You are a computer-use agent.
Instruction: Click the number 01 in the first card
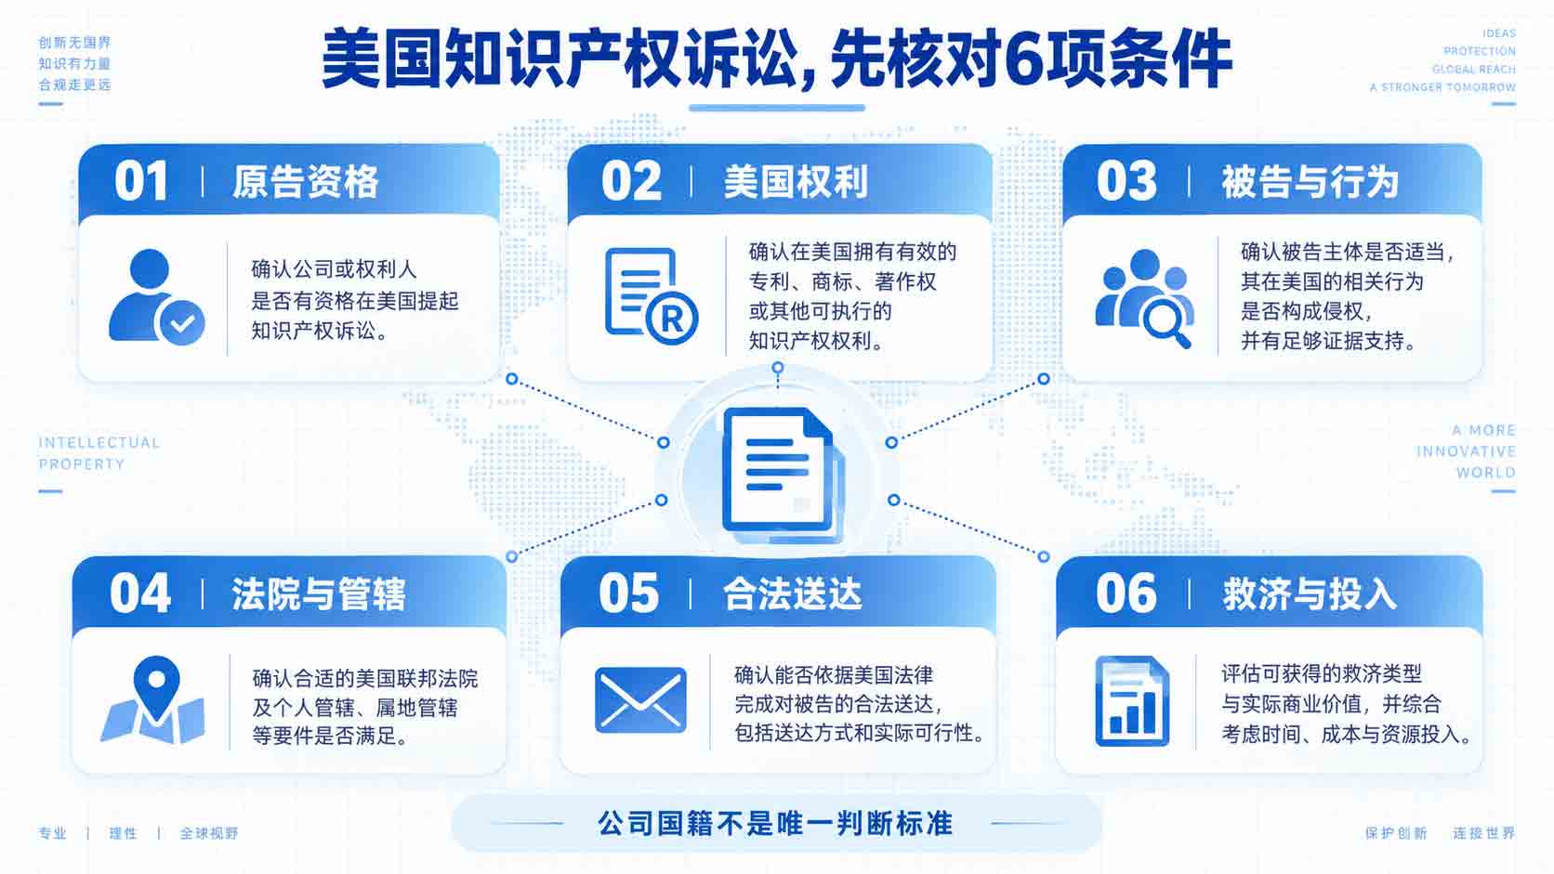click(141, 182)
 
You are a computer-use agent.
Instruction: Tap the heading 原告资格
click(305, 182)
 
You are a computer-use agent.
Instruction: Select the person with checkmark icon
click(157, 296)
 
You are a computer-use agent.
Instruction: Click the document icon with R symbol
click(652, 296)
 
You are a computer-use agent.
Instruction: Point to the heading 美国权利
click(796, 182)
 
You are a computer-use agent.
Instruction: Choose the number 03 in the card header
click(1126, 182)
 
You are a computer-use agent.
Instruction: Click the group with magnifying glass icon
click(1145, 298)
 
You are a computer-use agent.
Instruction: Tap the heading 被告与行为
click(1310, 182)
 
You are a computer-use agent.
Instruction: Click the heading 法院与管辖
click(319, 594)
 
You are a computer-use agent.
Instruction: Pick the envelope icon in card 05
click(641, 700)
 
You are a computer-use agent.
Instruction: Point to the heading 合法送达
click(792, 594)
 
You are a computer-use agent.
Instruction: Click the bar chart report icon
click(1132, 700)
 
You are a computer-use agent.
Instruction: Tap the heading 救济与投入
click(1310, 594)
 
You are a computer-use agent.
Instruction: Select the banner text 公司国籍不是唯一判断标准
click(776, 824)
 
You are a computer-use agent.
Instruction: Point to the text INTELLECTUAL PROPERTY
click(99, 453)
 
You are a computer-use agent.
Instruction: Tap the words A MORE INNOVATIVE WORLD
click(1466, 451)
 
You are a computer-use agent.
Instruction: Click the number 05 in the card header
click(628, 594)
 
